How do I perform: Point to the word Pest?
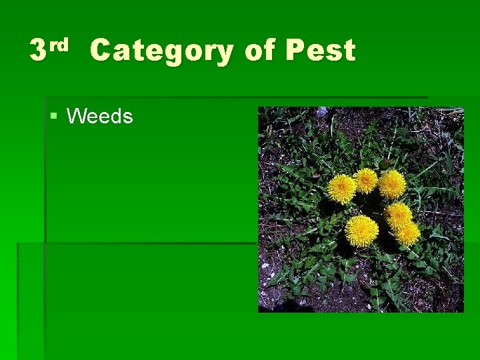(320, 51)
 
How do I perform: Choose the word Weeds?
(100, 117)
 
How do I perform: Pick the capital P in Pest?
(294, 51)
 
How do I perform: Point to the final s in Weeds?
(128, 118)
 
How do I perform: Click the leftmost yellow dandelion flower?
(342, 189)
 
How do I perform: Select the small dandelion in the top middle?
(365, 180)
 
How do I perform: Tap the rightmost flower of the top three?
(392, 184)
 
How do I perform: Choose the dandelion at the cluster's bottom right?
(408, 233)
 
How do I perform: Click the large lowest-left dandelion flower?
(361, 231)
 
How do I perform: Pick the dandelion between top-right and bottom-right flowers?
(399, 215)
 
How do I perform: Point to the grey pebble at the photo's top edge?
(322, 111)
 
